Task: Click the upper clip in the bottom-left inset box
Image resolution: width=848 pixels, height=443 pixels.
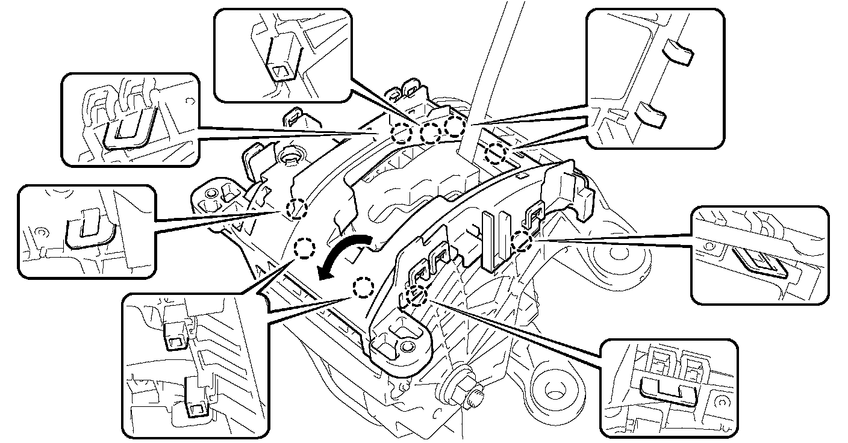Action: [x=175, y=334]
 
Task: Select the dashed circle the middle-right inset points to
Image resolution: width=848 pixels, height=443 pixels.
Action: [x=522, y=241]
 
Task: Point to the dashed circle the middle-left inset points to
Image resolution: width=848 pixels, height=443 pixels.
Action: [x=296, y=208]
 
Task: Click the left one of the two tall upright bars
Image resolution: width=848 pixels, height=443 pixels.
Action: [x=490, y=241]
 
